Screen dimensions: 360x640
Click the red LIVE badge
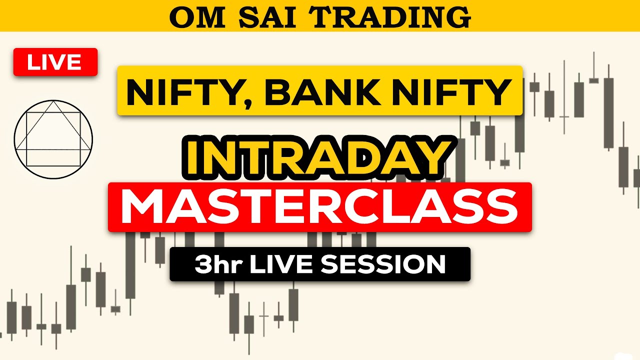click(x=55, y=62)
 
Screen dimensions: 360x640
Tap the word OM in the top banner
click(x=190, y=17)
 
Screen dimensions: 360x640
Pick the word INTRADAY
click(x=320, y=156)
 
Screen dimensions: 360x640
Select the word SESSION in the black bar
click(x=383, y=264)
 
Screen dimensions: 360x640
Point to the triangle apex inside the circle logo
click(x=53, y=101)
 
